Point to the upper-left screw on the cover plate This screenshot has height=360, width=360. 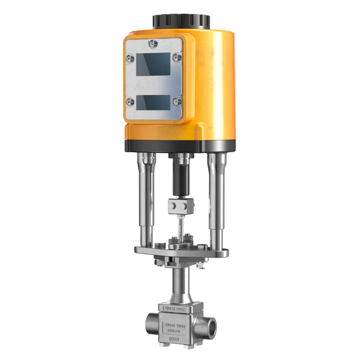pyautogui.click(x=130, y=58)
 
